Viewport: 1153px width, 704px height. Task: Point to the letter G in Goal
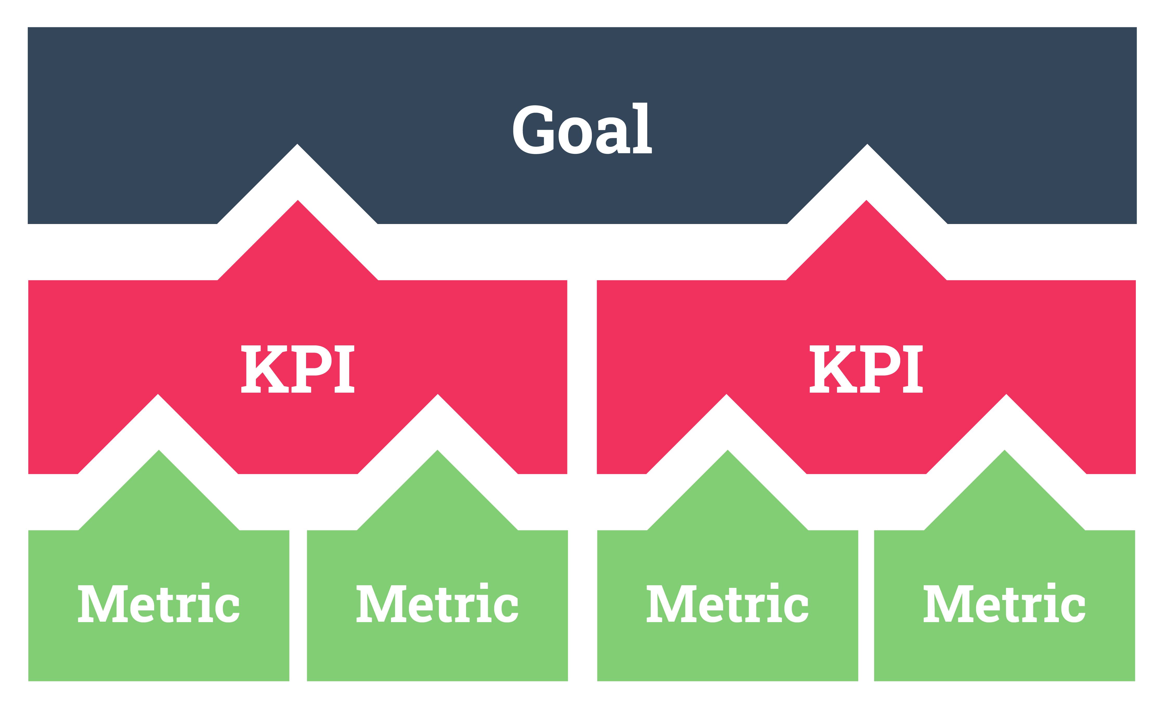pos(533,130)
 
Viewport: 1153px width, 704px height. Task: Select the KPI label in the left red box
pos(297,369)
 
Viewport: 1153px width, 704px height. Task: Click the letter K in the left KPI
pos(264,369)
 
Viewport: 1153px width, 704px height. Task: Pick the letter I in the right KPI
pos(912,369)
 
